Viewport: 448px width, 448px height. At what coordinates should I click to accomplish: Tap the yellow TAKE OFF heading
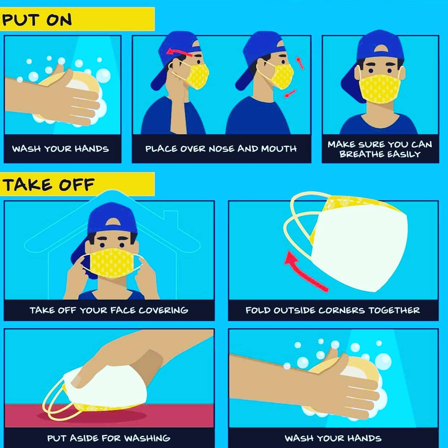48,184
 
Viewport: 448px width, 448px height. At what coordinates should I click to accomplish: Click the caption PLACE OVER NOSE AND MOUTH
221,149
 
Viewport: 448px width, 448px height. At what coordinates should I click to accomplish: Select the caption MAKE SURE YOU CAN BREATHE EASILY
380,149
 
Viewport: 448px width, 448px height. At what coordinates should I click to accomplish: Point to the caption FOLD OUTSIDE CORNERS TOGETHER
333,310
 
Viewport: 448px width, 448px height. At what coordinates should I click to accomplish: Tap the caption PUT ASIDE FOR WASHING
109,438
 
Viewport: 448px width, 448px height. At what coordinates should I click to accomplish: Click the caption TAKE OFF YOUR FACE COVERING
109,310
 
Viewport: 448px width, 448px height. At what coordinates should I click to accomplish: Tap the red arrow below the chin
290,94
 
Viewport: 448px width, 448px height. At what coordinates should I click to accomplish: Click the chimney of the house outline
171,218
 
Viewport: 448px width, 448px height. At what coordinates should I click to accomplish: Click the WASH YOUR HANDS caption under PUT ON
61,149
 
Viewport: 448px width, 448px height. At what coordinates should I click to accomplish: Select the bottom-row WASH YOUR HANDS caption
333,438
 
